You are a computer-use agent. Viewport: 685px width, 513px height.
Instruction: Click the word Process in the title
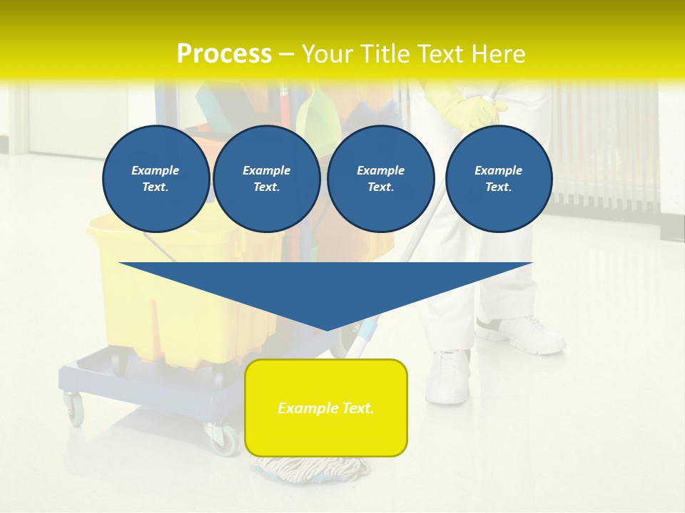tap(224, 54)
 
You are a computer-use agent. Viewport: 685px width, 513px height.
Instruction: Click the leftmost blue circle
tap(156, 179)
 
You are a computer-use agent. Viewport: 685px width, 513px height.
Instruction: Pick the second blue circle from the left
tap(267, 179)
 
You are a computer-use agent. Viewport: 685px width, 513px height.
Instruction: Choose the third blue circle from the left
tap(381, 179)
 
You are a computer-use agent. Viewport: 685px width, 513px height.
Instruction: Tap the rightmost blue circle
tap(499, 179)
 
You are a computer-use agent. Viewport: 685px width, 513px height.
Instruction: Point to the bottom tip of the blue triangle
tap(326, 329)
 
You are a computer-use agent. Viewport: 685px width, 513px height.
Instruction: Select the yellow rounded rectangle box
tap(326, 408)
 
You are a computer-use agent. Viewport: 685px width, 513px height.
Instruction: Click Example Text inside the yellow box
tap(326, 408)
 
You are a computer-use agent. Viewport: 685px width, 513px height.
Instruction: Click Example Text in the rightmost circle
tap(499, 179)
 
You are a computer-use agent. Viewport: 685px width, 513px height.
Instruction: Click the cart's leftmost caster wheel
tap(73, 409)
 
